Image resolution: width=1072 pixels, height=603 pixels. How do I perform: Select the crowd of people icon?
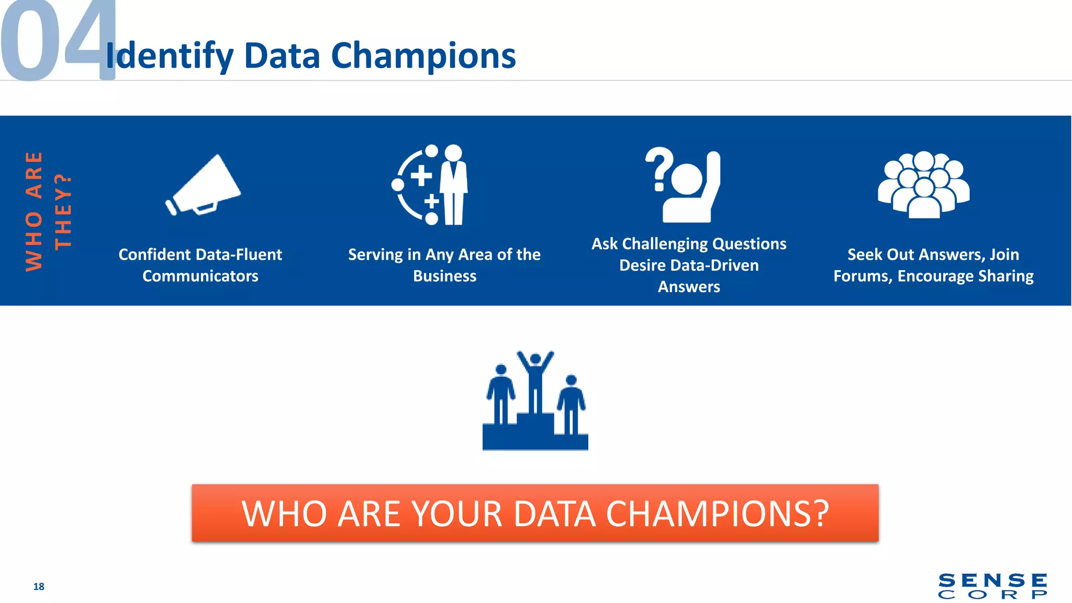tap(923, 185)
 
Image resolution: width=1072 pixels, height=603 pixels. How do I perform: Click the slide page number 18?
tap(39, 586)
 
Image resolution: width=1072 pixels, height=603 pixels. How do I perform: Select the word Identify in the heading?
tap(170, 57)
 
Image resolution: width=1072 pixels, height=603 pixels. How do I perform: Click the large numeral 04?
tap(58, 42)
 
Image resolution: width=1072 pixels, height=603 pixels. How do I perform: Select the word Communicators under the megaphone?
tap(200, 276)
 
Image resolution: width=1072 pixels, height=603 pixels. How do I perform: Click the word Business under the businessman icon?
tap(444, 276)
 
